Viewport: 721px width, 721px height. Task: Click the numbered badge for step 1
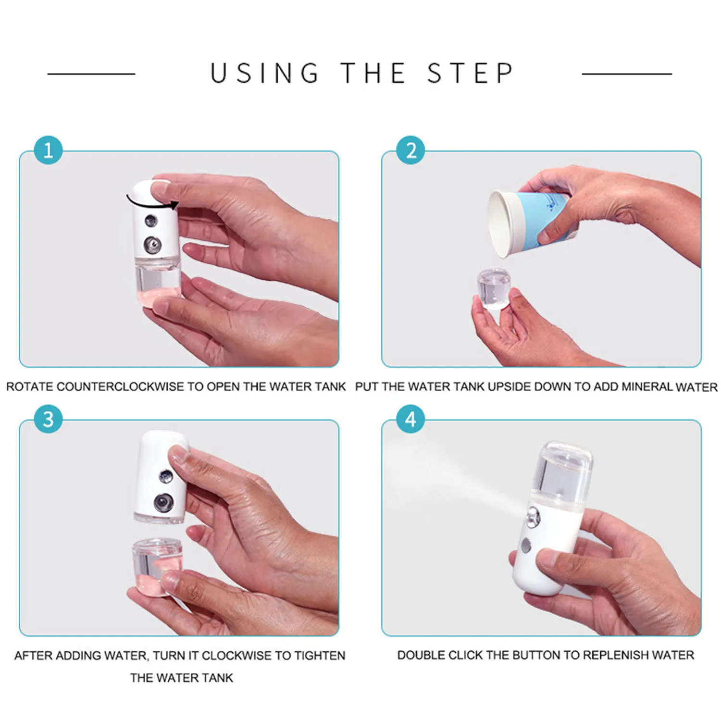coord(48,150)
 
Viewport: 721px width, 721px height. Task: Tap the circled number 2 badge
coord(410,150)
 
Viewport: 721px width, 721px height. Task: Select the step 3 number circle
coord(48,419)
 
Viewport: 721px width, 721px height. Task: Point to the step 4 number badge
coord(410,419)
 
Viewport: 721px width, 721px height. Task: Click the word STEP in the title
coord(470,73)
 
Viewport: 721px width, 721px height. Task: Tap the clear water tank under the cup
coord(494,288)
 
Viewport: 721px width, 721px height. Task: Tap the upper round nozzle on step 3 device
coord(166,476)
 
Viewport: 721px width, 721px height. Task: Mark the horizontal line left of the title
coord(91,74)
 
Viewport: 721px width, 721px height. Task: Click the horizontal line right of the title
coord(627,74)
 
